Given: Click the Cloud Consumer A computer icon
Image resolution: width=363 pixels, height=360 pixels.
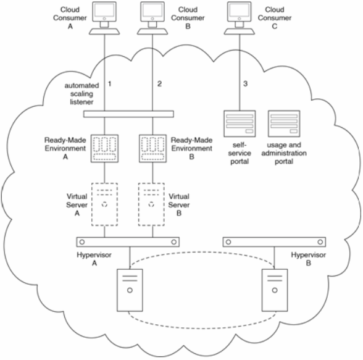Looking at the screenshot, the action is coord(104,18).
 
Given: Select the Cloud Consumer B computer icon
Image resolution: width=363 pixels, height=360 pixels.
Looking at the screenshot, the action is coord(152,18).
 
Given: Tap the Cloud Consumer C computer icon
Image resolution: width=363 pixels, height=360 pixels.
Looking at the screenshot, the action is coord(239,18).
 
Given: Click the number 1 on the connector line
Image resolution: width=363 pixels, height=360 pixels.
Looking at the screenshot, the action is coord(110,83).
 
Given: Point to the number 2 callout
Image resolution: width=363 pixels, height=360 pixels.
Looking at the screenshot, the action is coord(159,83).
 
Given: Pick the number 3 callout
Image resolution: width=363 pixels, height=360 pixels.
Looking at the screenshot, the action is coord(246,83).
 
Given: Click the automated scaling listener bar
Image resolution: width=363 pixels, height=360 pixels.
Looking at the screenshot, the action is coord(128,114).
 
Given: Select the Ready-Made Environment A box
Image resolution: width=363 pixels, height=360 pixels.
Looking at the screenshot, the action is coord(105,148).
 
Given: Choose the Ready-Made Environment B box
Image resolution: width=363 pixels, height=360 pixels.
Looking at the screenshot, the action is coord(152,148).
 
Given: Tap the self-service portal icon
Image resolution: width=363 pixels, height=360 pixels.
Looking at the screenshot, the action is coord(240,123).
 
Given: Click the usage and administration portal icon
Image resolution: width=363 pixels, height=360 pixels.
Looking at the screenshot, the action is coord(284,123).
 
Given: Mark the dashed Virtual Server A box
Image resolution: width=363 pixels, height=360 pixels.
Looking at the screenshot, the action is coord(104,204).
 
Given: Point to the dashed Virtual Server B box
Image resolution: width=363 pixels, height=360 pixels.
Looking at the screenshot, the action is coord(151,204).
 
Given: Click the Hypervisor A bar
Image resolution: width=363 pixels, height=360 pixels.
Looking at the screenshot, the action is coord(128,242).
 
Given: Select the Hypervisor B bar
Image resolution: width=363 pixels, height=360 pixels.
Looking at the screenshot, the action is coord(274,242).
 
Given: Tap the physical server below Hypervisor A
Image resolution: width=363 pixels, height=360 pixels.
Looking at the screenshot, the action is coord(130,290).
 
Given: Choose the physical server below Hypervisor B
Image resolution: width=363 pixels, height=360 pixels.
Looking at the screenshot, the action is coord(275,290).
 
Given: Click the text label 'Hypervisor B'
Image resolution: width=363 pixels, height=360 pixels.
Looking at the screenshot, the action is coord(308,259).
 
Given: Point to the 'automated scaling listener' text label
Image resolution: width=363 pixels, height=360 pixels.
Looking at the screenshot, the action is coord(81,94).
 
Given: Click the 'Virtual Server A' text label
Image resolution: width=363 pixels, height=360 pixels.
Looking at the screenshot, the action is coord(77,204).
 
